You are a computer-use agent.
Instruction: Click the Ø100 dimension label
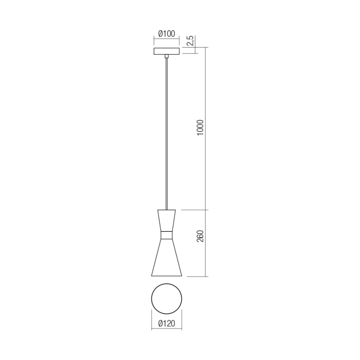(x=167, y=34)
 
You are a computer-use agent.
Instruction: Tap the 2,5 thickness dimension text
(x=190, y=41)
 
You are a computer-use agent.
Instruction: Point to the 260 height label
(x=200, y=236)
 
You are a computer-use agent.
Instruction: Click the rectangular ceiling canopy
(x=167, y=51)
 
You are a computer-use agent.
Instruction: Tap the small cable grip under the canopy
(x=167, y=56)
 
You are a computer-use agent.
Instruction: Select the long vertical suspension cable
(x=167, y=133)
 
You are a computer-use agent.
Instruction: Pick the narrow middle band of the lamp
(x=167, y=235)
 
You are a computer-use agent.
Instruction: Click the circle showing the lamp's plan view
(x=167, y=299)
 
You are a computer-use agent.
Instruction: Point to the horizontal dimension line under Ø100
(x=167, y=38)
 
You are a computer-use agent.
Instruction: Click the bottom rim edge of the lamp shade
(x=167, y=276)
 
